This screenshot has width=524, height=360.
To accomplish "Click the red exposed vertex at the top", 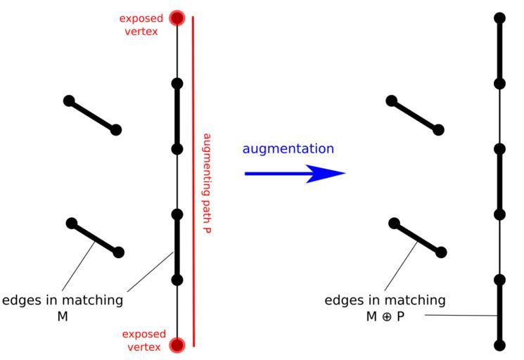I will tap(177, 18).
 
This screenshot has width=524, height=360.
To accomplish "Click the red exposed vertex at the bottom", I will tap(177, 345).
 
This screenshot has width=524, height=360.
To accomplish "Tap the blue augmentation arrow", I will tap(295, 173).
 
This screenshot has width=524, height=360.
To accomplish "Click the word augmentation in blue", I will tap(288, 148).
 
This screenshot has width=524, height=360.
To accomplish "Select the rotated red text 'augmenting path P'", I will tap(207, 183).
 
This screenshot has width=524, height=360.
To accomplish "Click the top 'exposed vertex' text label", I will tap(141, 24).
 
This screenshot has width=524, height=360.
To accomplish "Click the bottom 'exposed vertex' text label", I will tap(144, 340).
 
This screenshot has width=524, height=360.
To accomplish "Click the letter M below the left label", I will tap(62, 316).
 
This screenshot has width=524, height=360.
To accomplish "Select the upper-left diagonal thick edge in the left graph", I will tap(93, 115).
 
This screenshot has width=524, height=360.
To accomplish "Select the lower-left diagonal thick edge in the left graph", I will tap(95, 238).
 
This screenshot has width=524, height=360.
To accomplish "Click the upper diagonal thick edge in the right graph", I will tap(415, 115).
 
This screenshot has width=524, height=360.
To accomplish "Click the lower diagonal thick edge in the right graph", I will tap(418, 238).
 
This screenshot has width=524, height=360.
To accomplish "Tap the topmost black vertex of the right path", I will tap(500, 18).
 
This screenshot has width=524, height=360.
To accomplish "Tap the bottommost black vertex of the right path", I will tap(500, 345).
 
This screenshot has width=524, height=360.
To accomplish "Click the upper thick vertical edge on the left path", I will tap(177, 116).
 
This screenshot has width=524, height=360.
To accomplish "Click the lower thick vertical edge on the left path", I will tap(177, 247).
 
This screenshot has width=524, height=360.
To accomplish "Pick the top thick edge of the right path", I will tap(500, 51).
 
